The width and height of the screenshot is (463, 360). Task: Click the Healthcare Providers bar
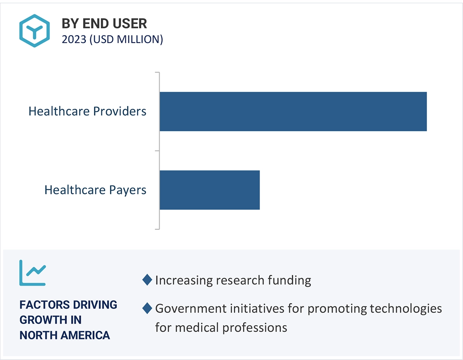pyautogui.click(x=293, y=111)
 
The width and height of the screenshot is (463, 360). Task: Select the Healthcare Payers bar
pyautogui.click(x=209, y=190)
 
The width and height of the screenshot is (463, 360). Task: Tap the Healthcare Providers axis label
pyautogui.click(x=87, y=111)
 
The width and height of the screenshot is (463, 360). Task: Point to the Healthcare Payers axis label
pyautogui.click(x=95, y=190)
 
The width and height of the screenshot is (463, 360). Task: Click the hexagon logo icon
pyautogui.click(x=34, y=30)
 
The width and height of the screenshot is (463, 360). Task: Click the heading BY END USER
pyautogui.click(x=104, y=24)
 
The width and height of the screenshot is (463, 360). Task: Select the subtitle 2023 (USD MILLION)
pyautogui.click(x=112, y=40)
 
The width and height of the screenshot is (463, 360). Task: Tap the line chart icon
pyautogui.click(x=32, y=273)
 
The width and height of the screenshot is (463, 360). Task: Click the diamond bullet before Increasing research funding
pyautogui.click(x=147, y=280)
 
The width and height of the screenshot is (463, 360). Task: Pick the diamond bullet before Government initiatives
pyautogui.click(x=147, y=308)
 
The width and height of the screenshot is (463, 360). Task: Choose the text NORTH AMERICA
pyautogui.click(x=65, y=335)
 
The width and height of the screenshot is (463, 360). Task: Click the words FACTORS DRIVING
pyautogui.click(x=68, y=305)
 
